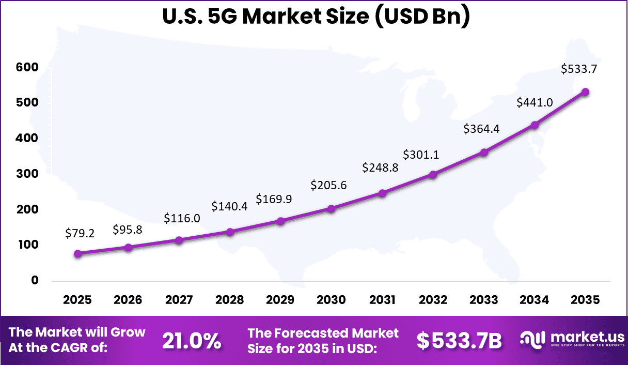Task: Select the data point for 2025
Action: (78, 254)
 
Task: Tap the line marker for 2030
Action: (332, 209)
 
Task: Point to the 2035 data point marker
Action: (586, 92)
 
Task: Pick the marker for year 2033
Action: (484, 153)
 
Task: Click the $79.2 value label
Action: (80, 233)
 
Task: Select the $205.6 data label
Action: (328, 185)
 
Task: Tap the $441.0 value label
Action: (535, 102)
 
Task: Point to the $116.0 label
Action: (181, 219)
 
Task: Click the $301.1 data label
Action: (421, 154)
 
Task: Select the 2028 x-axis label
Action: (230, 300)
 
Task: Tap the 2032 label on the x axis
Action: (433, 300)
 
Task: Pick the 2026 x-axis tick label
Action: (128, 300)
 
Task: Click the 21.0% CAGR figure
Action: (192, 341)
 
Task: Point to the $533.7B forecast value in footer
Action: (459, 341)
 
